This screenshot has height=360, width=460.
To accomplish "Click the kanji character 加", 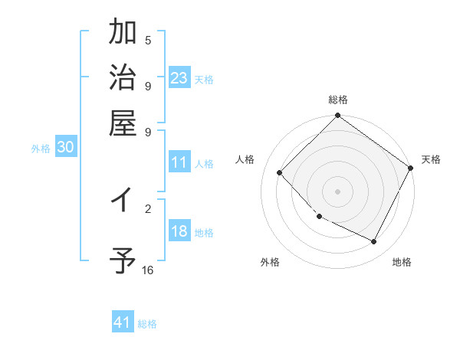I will [123, 34].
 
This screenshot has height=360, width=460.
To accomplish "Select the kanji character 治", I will [123, 78].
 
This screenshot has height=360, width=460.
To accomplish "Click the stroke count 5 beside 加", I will [148, 41].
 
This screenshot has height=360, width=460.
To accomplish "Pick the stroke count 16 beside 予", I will [147, 270].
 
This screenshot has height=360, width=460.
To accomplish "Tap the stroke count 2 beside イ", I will [148, 208].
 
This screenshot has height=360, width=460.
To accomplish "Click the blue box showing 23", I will [179, 78].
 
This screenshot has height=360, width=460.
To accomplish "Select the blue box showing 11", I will [179, 162].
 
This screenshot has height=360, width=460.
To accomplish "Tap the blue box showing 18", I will [179, 232].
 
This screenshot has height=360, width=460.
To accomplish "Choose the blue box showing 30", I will [65, 149].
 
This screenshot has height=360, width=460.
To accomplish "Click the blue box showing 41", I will [123, 322].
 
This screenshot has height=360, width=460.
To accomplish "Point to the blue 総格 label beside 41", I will [147, 324].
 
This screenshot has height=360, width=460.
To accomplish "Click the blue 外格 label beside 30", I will [41, 149].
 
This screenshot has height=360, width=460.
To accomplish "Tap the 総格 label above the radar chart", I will [337, 100].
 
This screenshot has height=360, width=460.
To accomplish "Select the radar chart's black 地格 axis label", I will [402, 262].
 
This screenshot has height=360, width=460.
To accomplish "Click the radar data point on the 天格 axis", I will [410, 169].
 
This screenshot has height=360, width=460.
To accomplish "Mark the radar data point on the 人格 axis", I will [280, 172].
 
